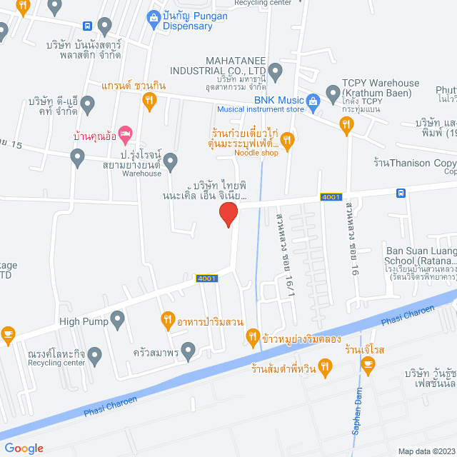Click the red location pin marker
coord(228,214)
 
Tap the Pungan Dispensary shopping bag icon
coord(152,17)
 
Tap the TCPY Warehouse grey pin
coord(332,91)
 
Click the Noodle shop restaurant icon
coord(287,141)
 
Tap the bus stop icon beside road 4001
coord(401,193)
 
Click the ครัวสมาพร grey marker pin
coord(188,350)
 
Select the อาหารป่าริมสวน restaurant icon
coord(167,319)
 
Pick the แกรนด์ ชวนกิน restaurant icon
coord(149,101)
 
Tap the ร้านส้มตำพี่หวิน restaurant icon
coord(325,368)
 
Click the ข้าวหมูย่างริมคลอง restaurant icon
coord(252,336)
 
